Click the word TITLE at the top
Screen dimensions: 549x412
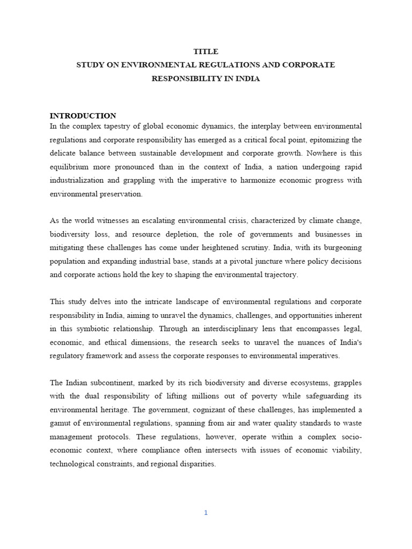(206, 51)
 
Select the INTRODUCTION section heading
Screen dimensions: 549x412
(83, 116)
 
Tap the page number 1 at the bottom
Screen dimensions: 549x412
(205, 513)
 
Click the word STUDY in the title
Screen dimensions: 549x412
(90, 65)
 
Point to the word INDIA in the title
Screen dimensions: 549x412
(246, 78)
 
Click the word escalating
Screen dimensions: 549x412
(166, 221)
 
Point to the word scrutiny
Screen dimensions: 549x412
(252, 248)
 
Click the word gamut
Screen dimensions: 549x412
(61, 424)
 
